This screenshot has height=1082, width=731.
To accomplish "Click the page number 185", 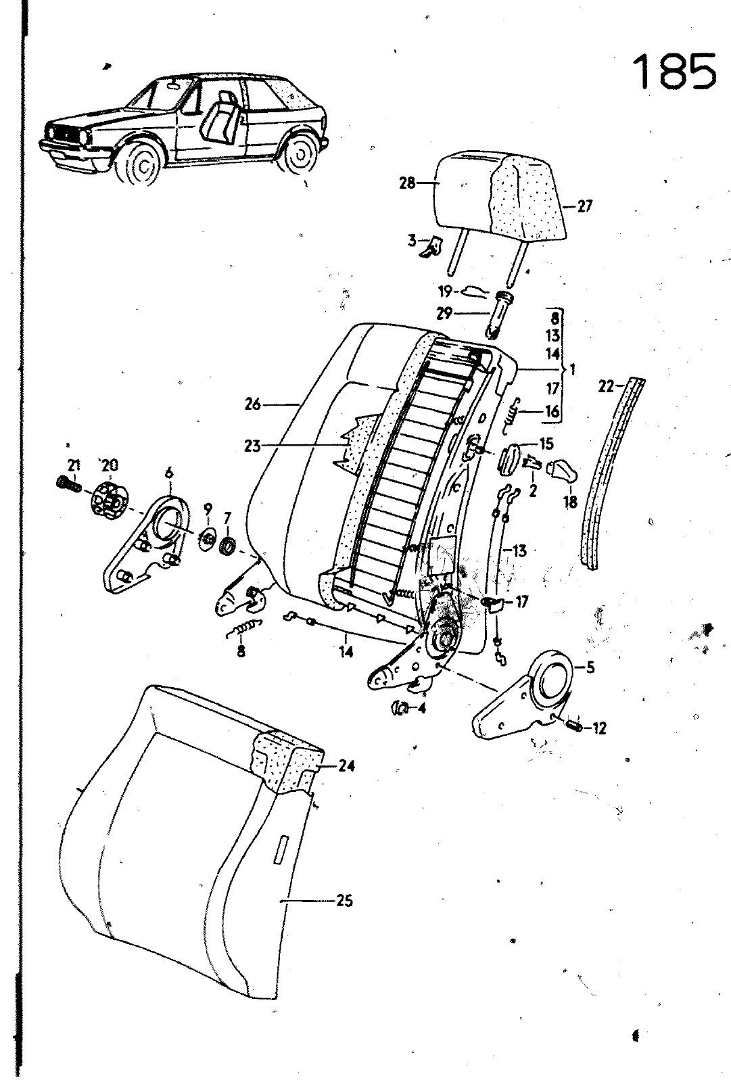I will (674, 72).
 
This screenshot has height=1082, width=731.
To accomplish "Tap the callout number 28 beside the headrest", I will (407, 183).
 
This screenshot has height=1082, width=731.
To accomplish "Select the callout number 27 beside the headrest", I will (584, 206).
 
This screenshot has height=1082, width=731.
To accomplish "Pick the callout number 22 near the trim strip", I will (606, 387).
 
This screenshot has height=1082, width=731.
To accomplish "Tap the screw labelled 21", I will (66, 484).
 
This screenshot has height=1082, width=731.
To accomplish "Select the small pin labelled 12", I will (574, 727).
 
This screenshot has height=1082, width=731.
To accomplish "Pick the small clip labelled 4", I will (401, 707).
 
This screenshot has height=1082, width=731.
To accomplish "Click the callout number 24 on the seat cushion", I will (346, 766).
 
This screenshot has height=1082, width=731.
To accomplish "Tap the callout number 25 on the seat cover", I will (344, 901).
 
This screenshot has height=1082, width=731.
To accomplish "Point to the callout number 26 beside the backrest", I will (253, 404).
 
